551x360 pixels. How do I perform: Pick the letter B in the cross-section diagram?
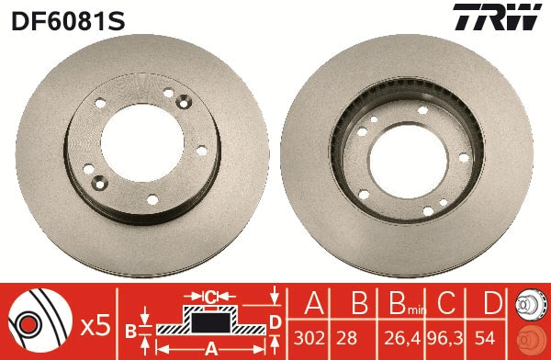131,329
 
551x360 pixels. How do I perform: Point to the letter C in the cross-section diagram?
209,297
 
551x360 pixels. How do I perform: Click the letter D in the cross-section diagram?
275,321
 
